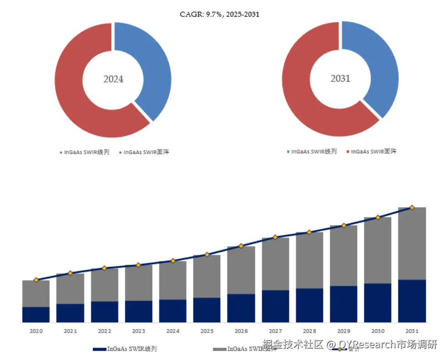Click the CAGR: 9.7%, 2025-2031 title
coord(219,14)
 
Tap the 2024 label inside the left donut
coord(113,79)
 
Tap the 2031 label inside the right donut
coord(340,78)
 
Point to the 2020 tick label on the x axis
coord(36,331)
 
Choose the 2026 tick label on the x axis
coord(241,331)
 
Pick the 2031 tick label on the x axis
coord(412,331)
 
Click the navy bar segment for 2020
coord(36,315)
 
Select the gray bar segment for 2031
coord(412,243)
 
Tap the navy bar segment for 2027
coord(276,306)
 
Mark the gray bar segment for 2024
coord(173,280)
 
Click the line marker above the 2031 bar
coord(412,207)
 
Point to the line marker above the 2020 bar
coord(36,280)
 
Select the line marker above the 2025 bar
coord(207,255)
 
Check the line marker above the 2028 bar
coord(309,232)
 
